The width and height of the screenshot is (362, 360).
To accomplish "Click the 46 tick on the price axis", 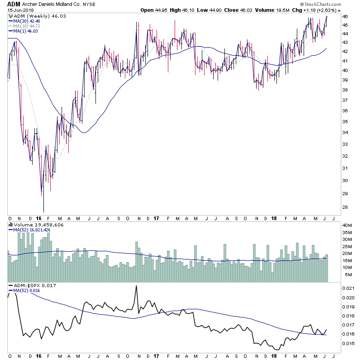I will (x=332, y=16).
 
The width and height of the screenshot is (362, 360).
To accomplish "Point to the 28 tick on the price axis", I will (x=332, y=207).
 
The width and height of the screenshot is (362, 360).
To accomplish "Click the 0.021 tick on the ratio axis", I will (x=335, y=288).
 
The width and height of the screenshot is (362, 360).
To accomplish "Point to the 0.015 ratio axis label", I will (x=335, y=343).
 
